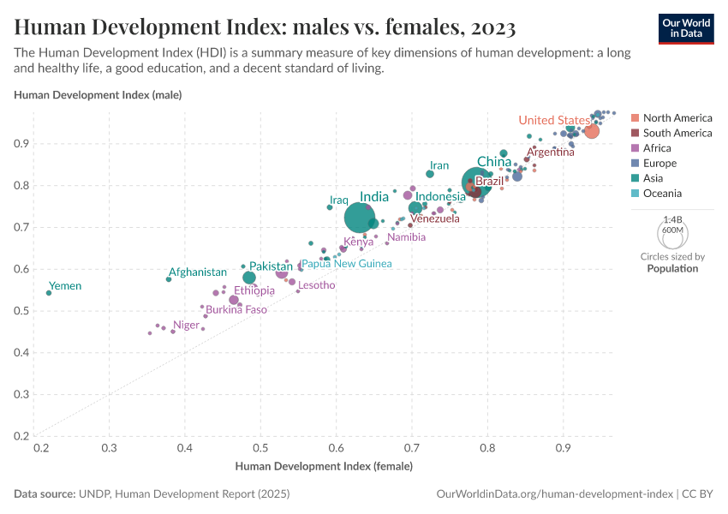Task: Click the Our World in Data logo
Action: coord(685,28)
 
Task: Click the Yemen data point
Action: coord(49,293)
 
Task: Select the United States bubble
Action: coord(591,131)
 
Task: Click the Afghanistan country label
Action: coord(197,272)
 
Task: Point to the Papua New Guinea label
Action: coord(346,264)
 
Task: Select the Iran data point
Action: coord(430,174)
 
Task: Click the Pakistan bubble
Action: coord(249,278)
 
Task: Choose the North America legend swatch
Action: coord(635,118)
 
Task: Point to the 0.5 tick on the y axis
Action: coord(23,311)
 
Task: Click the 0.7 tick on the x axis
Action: coord(411,448)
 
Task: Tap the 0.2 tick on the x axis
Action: coord(39,448)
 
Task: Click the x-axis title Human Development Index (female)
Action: coord(324,467)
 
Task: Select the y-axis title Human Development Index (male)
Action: coord(98,94)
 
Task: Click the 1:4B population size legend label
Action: coord(672,220)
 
